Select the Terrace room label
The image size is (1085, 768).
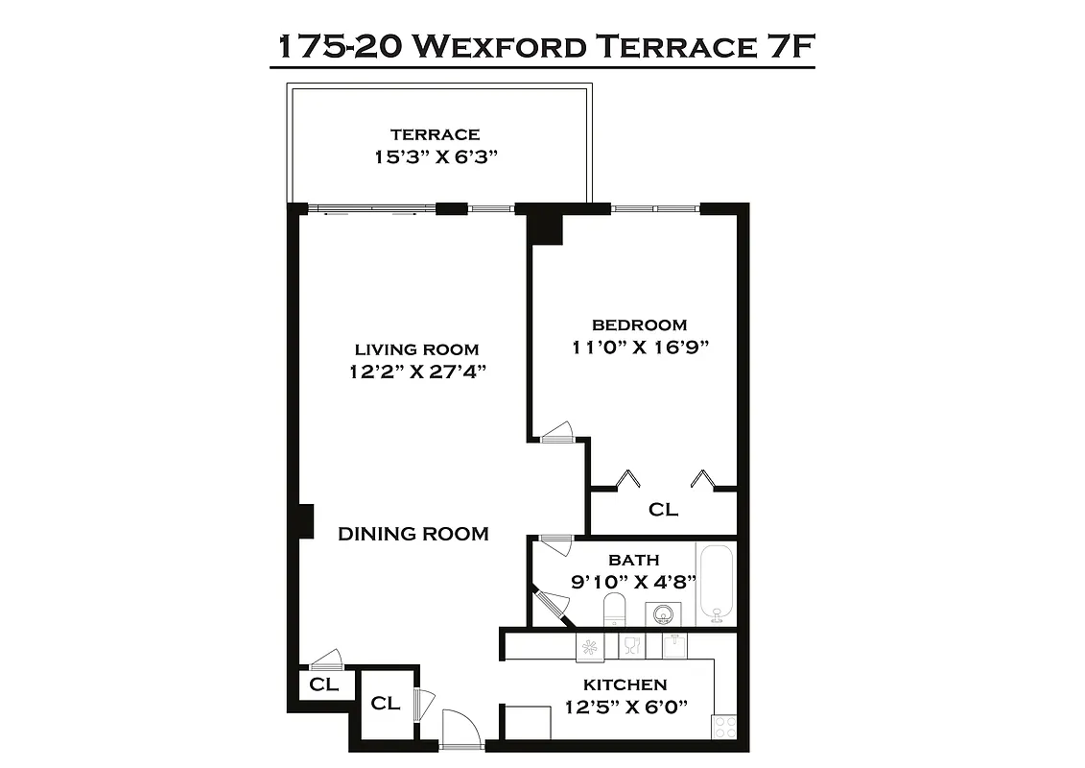coord(435,134)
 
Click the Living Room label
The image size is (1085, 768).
coord(416,349)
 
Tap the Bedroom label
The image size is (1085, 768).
coord(639,324)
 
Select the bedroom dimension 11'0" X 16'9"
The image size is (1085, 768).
coord(639,348)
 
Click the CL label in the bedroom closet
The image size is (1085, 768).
coord(663,510)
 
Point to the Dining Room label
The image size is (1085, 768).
coord(413,534)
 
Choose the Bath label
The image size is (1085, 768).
coord(634,559)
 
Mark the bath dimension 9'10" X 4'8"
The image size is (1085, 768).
coord(634,581)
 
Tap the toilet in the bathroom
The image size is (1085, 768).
coord(614,609)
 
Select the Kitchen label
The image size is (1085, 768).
coord(625,684)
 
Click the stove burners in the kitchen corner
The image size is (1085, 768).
coord(726,726)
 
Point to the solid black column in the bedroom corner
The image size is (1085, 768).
coord(545,228)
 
